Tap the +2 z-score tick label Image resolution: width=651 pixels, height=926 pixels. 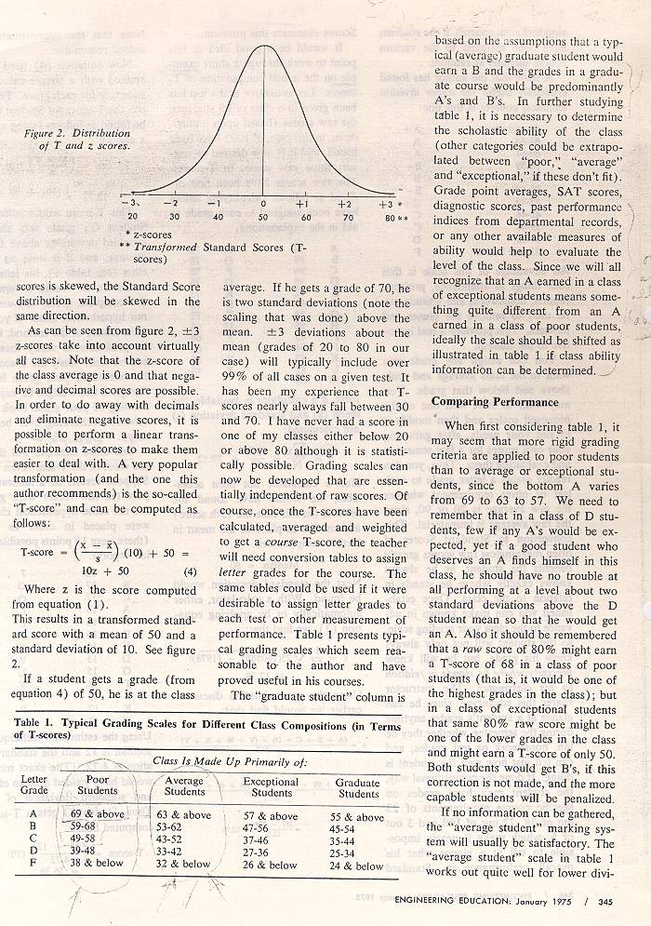click(x=344, y=203)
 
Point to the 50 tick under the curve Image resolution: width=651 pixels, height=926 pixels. click(x=263, y=217)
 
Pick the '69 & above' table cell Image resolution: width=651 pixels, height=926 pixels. click(x=97, y=814)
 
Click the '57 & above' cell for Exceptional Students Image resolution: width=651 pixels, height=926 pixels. click(x=271, y=815)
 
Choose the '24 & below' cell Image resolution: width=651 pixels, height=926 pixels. click(x=357, y=866)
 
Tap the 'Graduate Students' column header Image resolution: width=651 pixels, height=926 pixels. click(x=358, y=788)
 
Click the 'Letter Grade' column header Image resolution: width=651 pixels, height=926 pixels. click(x=33, y=785)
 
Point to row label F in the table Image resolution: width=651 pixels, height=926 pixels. click(x=33, y=864)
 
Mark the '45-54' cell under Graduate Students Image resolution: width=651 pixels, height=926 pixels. click(x=357, y=828)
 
